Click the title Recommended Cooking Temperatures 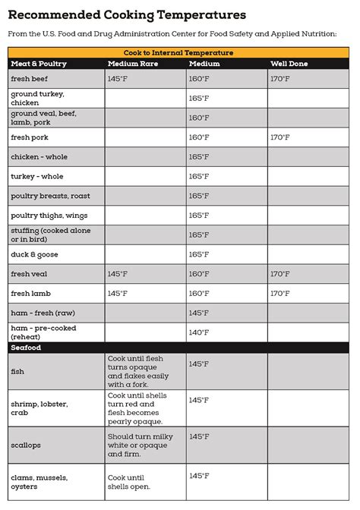(x=127, y=14)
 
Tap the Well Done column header (x=289, y=64)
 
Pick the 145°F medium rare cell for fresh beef (x=118, y=78)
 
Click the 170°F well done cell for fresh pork (x=279, y=137)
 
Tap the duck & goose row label (x=34, y=254)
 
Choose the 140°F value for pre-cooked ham (x=198, y=332)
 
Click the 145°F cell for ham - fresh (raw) (x=198, y=313)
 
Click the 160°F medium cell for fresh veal (x=198, y=274)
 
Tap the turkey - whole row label (x=36, y=176)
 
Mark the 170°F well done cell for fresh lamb (x=279, y=294)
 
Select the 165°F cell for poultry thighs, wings (x=198, y=216)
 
